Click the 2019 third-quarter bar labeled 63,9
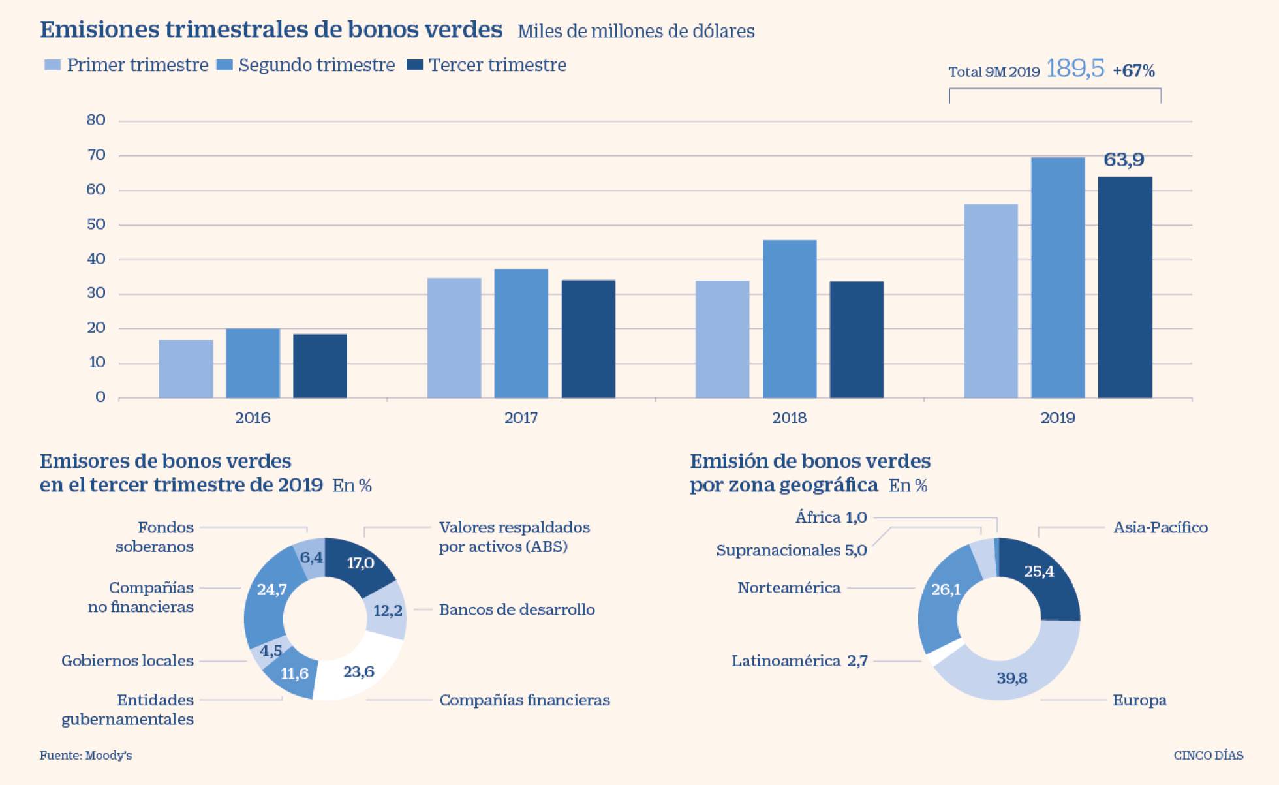(1124, 287)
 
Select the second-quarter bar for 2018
(790, 319)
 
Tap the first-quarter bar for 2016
(186, 369)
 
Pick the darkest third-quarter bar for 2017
(588, 339)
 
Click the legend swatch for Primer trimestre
(52, 65)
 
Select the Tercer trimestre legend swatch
(414, 65)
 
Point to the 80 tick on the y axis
(96, 120)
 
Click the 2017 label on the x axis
(521, 418)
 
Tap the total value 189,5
(1075, 69)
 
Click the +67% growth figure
(1133, 70)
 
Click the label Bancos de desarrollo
(517, 609)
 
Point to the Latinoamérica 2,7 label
(799, 661)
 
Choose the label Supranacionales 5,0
(792, 550)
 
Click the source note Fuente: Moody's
(86, 755)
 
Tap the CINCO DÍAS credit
(1209, 755)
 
